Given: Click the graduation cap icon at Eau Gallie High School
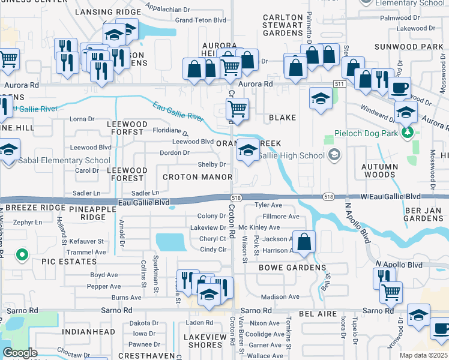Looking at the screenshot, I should click(247, 151).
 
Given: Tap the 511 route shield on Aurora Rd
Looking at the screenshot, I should click(340, 84).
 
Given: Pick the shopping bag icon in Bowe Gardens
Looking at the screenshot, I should click(304, 242).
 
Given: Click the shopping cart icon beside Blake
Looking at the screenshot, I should click(237, 110).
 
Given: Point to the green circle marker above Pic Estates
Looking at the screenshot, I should click(22, 256).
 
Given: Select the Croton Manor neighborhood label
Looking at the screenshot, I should click(197, 177).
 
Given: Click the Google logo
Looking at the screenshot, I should click(20, 353).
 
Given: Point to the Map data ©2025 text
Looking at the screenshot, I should click(424, 355).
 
